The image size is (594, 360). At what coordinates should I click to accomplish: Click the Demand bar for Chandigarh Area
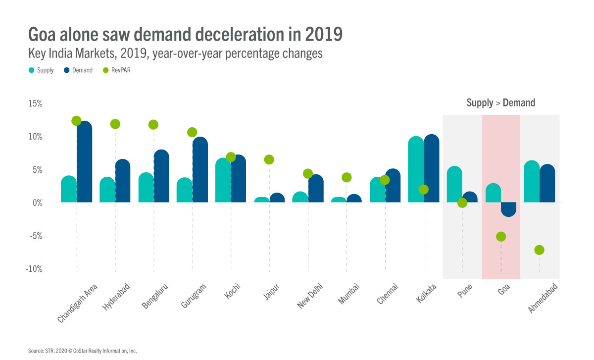(x=84, y=163)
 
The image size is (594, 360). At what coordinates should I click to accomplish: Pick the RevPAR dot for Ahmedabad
(x=540, y=250)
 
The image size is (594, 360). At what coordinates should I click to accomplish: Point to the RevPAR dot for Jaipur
(x=269, y=159)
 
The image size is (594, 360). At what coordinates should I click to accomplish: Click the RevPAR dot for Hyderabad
(x=115, y=124)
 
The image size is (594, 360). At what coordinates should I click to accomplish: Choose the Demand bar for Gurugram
(x=200, y=171)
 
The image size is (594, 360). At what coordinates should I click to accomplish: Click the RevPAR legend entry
(x=116, y=70)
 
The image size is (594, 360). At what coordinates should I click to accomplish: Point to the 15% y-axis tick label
(x=35, y=103)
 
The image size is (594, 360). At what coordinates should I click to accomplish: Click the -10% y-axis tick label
(x=34, y=269)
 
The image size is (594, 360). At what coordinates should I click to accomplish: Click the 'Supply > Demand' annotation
(x=500, y=103)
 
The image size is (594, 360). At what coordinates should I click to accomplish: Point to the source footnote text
(x=82, y=351)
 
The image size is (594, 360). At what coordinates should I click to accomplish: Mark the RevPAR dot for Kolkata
(x=423, y=190)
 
